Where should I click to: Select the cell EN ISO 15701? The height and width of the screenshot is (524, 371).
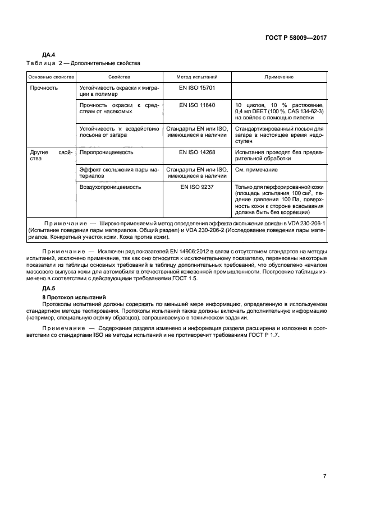[197, 88]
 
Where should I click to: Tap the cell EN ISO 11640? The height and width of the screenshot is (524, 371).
[197, 105]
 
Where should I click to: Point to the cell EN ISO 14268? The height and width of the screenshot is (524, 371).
[197, 152]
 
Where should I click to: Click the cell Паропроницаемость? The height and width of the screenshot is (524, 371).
[107, 152]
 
